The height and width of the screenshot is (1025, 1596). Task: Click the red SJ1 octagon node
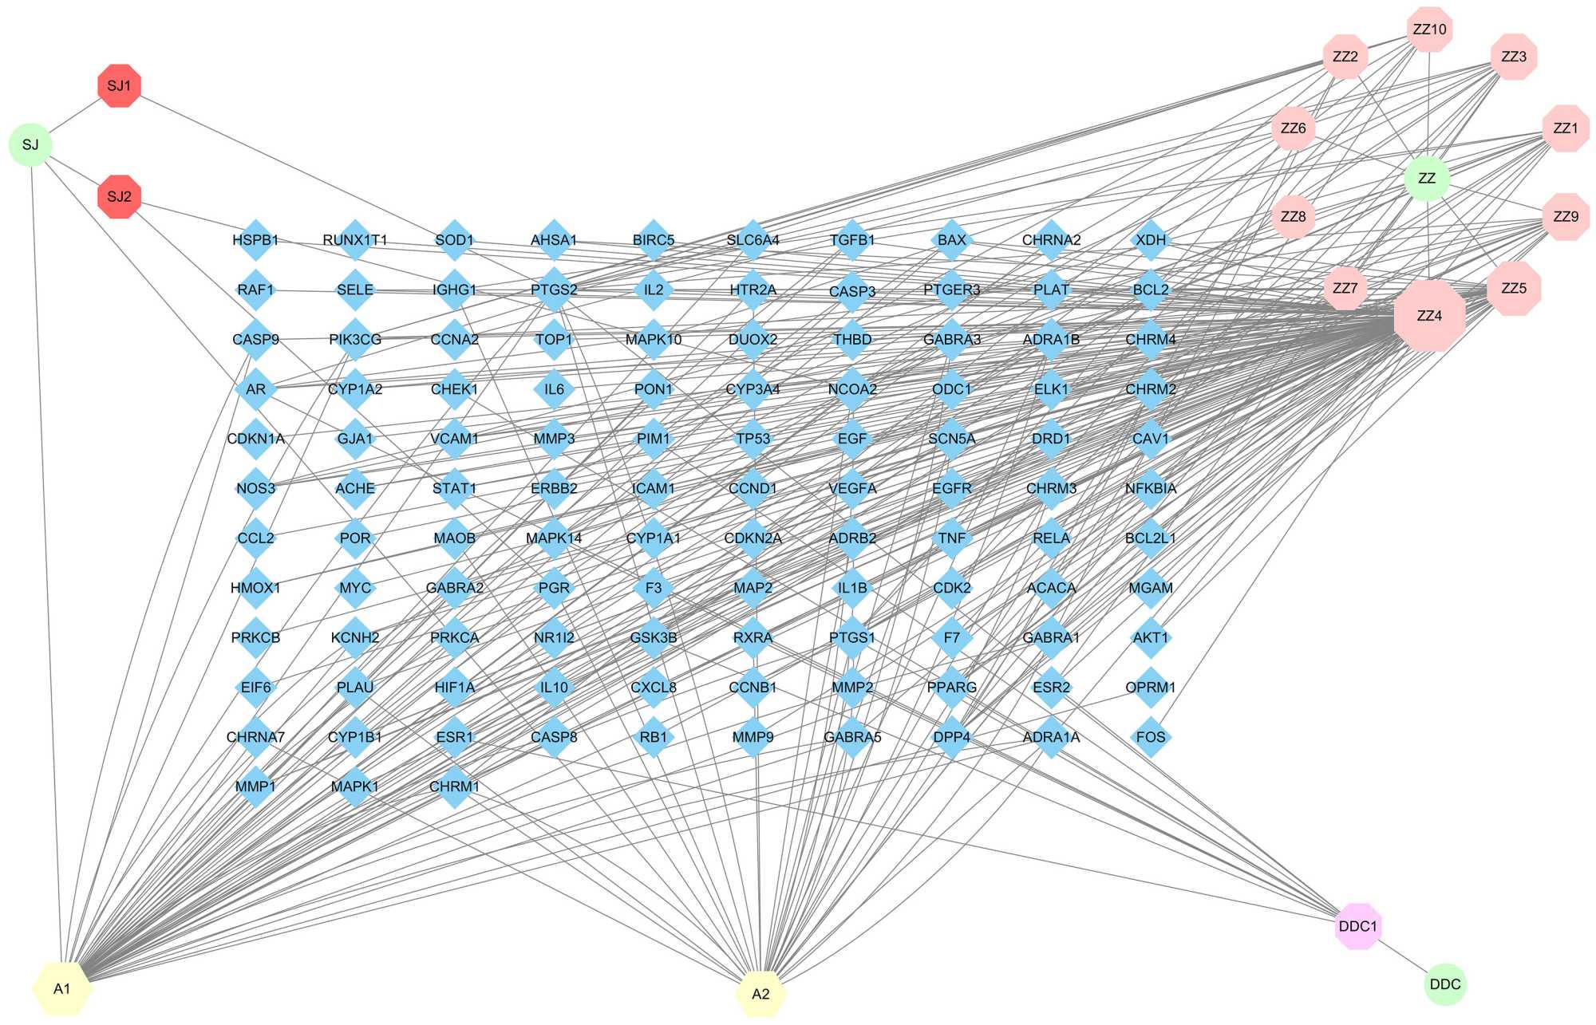click(x=119, y=85)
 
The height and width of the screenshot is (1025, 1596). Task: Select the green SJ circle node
click(x=30, y=145)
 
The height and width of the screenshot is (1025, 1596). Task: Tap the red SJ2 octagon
click(x=119, y=196)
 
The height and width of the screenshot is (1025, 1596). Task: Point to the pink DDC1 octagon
click(x=1357, y=926)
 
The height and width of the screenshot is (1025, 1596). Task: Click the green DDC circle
click(x=1445, y=984)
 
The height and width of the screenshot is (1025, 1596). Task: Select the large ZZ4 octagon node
click(x=1429, y=316)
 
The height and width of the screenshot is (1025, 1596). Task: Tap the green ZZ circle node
click(x=1427, y=178)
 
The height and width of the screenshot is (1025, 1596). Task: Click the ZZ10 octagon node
click(x=1429, y=30)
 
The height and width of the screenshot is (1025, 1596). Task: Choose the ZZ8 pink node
click(x=1293, y=216)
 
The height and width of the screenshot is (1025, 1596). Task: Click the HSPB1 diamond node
click(x=255, y=240)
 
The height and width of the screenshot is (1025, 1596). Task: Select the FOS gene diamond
click(x=1151, y=737)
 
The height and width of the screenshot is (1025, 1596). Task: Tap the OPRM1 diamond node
click(x=1151, y=688)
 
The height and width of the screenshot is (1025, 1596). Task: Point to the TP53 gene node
click(x=753, y=439)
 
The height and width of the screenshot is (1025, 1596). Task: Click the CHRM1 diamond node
click(x=454, y=787)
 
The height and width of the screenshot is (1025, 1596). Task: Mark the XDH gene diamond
click(x=1151, y=240)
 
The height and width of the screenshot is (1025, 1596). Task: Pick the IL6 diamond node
click(x=554, y=389)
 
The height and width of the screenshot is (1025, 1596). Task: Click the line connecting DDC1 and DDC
click(x=1401, y=956)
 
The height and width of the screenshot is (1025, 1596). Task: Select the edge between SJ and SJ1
click(x=75, y=115)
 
